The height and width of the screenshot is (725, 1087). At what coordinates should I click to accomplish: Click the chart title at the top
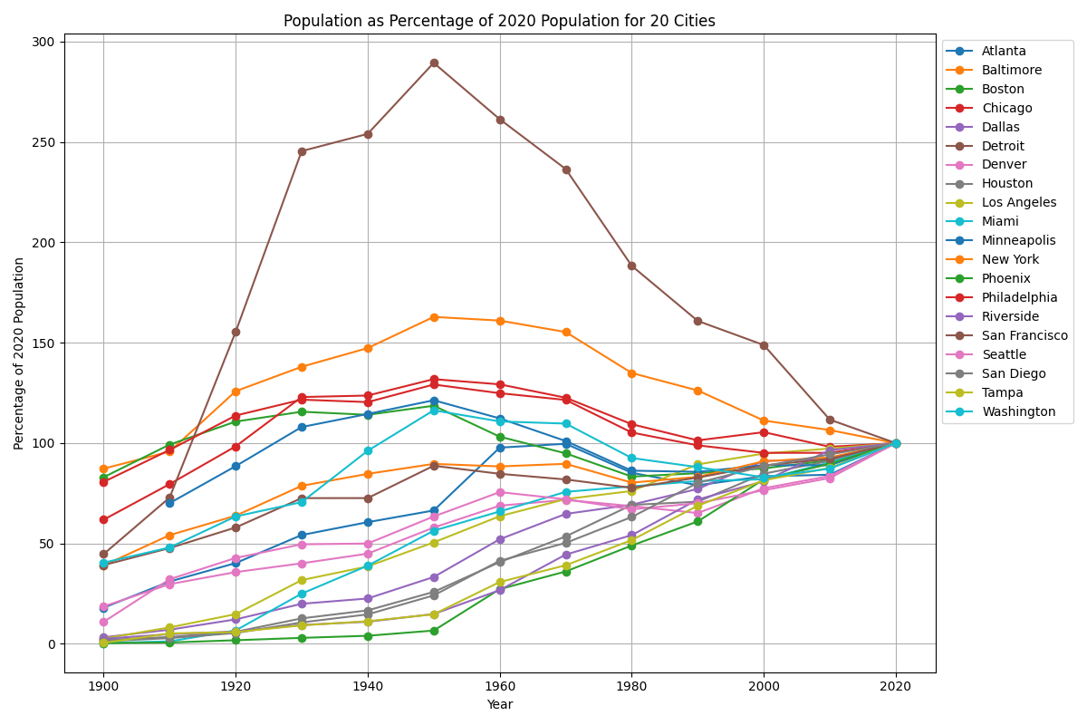(499, 21)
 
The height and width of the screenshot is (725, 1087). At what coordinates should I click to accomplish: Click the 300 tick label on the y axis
(44, 42)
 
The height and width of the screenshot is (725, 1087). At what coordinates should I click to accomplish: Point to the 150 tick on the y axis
(44, 343)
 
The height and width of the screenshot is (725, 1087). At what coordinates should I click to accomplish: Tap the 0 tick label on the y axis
(52, 644)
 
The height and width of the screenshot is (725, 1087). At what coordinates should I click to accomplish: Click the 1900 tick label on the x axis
(103, 686)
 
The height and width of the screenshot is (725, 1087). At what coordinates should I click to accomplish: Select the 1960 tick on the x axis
(500, 686)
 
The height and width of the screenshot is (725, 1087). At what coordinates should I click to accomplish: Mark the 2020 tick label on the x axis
(896, 686)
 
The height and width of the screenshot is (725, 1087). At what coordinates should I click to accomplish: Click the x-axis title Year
(499, 704)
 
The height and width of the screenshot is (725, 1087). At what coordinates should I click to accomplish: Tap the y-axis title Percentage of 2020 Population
(19, 353)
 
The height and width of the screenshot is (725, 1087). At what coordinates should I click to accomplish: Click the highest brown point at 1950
(434, 63)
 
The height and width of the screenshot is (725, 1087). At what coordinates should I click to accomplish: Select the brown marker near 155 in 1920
(236, 332)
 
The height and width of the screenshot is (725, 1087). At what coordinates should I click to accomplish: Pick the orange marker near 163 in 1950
(434, 317)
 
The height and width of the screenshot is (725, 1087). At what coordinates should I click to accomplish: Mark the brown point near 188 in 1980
(631, 266)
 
